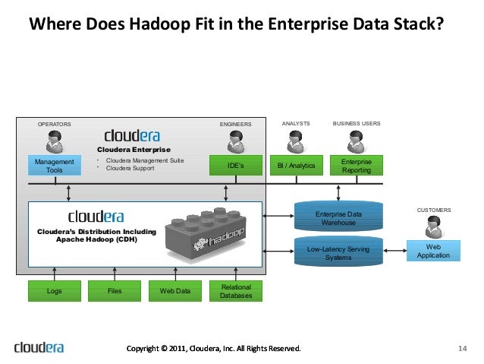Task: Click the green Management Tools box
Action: pos(55,166)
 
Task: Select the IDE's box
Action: pos(237,166)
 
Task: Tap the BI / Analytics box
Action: pos(296,166)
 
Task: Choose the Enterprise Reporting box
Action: pos(357,166)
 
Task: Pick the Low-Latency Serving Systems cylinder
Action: pos(338,252)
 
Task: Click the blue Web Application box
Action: pos(433,251)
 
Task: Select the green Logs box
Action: pos(54,290)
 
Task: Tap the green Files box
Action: pos(115,290)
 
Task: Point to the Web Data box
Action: pos(175,290)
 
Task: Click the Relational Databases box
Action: pos(236,290)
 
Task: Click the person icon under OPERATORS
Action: pos(55,141)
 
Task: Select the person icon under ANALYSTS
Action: pos(296,141)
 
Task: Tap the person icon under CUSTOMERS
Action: pos(433,226)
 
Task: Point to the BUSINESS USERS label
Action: pos(357,122)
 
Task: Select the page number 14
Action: pos(462,349)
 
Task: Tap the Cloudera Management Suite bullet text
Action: pos(144,161)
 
